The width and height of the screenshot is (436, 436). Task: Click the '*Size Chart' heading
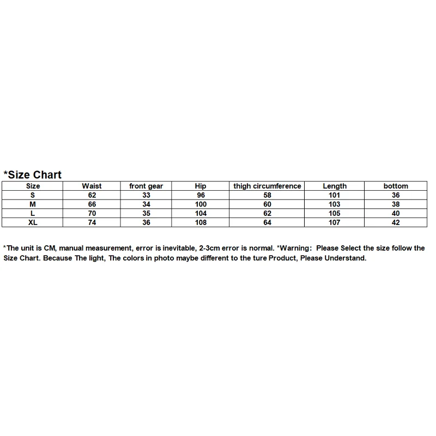tap(33, 175)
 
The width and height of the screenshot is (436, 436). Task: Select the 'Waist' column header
tap(92, 186)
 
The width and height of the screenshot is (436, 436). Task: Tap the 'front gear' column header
tap(146, 186)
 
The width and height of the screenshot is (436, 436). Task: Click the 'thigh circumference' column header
tap(267, 186)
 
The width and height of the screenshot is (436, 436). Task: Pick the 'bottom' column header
tap(396, 186)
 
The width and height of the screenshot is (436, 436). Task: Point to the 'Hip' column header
tap(201, 186)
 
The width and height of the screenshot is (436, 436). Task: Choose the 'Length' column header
tap(335, 186)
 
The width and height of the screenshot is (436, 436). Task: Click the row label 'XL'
tap(33, 222)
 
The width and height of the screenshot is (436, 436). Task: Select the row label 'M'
tap(33, 204)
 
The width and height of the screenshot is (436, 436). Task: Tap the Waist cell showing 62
tap(92, 195)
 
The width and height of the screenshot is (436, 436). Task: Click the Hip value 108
tap(201, 222)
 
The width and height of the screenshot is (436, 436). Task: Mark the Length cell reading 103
tap(335, 204)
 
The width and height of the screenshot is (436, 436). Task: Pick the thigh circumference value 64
tap(267, 222)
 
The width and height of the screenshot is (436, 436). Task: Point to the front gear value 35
tap(146, 214)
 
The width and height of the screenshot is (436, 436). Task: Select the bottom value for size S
tap(396, 195)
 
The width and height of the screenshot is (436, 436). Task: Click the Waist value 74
tap(92, 222)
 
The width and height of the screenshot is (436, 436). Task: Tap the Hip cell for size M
tap(201, 204)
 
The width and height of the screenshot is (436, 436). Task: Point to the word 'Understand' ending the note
tap(345, 258)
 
